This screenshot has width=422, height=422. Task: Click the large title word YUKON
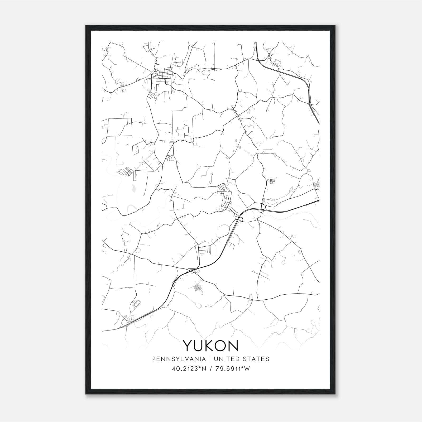coord(210,345)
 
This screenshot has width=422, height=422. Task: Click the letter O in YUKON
coord(221,345)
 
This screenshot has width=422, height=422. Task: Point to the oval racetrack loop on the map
coord(137,304)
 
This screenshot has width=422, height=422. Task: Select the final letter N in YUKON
coord(233,345)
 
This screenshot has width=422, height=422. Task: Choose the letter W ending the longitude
coord(247,369)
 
